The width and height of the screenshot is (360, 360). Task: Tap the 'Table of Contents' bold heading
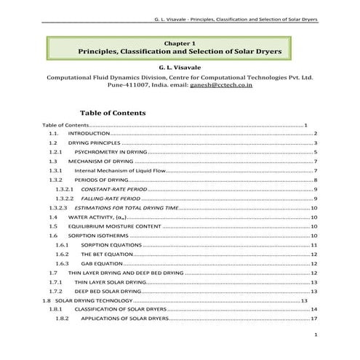tap(113, 113)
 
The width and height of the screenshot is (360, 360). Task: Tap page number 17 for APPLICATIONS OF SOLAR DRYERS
tap(314, 319)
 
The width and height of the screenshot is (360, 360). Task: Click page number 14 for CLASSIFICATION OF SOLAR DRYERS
tap(314, 309)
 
